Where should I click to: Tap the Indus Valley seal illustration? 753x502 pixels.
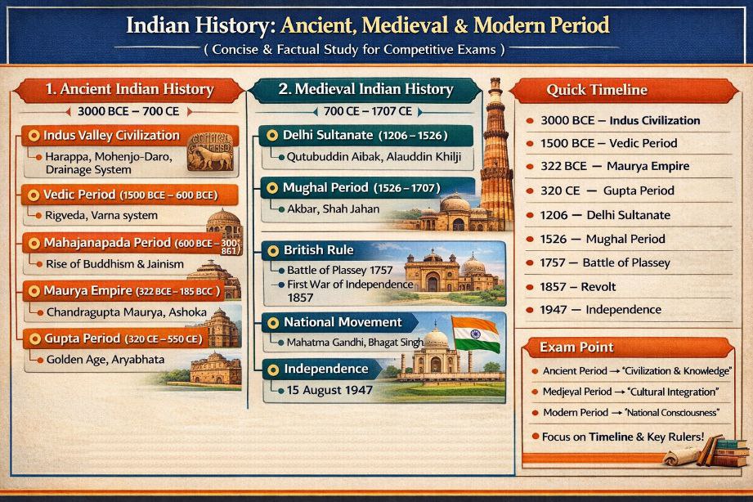coord(211,152)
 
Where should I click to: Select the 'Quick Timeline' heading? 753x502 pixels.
coord(597,90)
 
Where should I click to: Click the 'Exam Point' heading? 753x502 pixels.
coord(576,347)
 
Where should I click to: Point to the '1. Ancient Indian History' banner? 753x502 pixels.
coord(128,89)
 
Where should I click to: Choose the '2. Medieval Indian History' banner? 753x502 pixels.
coord(365,89)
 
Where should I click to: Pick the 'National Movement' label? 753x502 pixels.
coord(342,322)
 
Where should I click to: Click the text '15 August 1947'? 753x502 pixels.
coord(329,390)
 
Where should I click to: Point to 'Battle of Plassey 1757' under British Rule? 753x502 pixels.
coord(339,270)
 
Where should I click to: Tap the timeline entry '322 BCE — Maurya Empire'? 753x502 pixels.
coord(615,166)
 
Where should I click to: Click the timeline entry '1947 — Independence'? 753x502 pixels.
coord(600,310)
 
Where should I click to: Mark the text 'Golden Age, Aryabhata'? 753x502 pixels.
coord(105,360)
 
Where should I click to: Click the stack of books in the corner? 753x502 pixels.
coord(724,450)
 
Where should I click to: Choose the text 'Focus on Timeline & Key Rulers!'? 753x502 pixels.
coord(623,437)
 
